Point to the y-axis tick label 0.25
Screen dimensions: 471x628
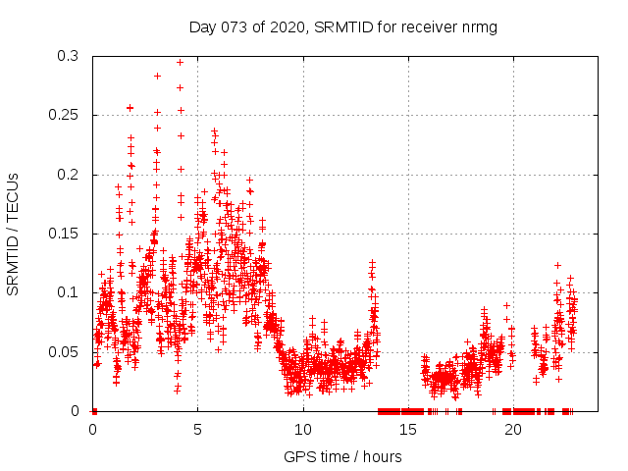tap(67, 116)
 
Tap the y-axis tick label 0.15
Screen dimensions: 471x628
tap(67, 234)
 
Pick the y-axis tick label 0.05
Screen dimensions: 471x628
tap(67, 351)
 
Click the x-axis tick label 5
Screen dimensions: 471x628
tap(197, 429)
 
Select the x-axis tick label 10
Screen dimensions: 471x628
tap(302, 429)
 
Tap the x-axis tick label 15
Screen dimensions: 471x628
tap(407, 429)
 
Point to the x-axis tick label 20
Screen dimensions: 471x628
tap(512, 429)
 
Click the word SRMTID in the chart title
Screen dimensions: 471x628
tap(343, 26)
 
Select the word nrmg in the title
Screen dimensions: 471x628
tap(480, 26)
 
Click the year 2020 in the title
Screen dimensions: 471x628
tap(285, 26)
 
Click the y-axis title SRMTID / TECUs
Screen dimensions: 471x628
tap(14, 234)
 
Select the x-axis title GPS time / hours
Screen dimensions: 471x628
tap(342, 456)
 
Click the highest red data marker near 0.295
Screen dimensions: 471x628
tap(180, 62)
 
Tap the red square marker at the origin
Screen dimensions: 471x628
tap(93, 410)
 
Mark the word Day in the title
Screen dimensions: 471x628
tap(203, 26)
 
